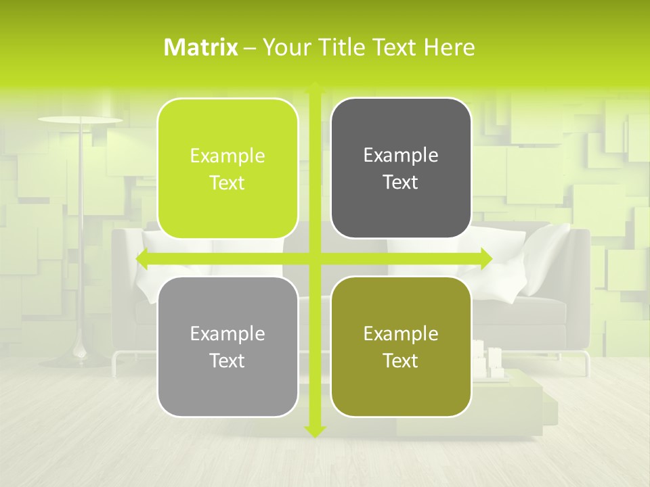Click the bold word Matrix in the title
201,47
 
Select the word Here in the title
449,47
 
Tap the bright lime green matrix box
227,168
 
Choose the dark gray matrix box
401,168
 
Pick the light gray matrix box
227,346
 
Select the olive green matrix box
401,346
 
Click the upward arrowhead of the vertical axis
314,88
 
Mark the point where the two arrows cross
314,259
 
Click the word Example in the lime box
227,156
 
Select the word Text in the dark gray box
401,183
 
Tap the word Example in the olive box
401,334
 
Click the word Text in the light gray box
227,361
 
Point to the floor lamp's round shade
80,120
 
